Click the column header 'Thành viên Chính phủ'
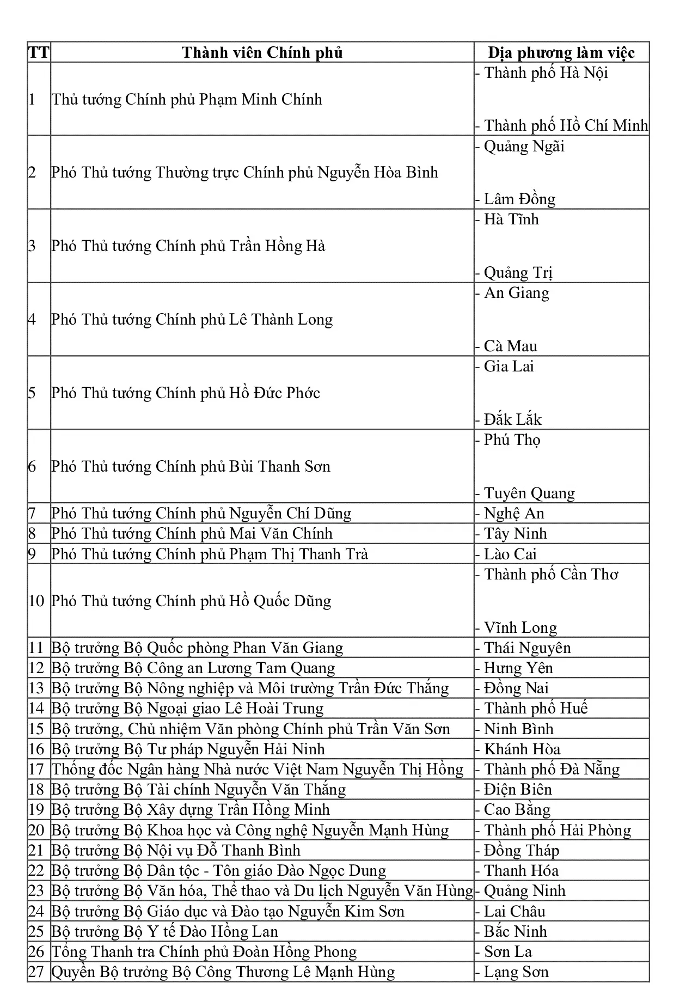(x=262, y=53)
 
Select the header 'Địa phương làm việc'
(x=561, y=53)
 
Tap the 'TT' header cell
(x=38, y=53)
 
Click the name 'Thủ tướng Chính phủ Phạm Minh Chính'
(x=187, y=100)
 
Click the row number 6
(x=32, y=467)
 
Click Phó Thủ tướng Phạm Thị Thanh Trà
(x=210, y=554)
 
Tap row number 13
(x=36, y=688)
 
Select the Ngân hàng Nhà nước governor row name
(x=258, y=770)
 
